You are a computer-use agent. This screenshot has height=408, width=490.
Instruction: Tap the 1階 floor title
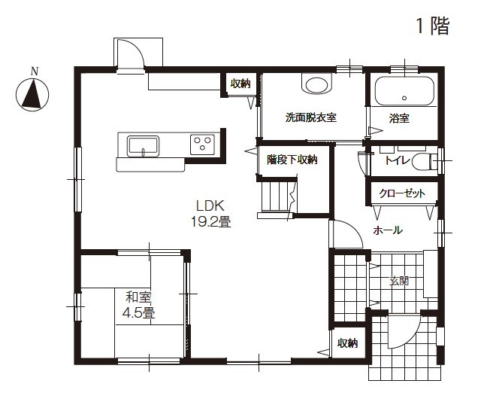pyautogui.click(x=433, y=26)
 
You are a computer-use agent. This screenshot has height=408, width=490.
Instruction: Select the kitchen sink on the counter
pyautogui.click(x=142, y=145)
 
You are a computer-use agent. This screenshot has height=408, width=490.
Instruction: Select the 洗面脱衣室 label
pyautogui.click(x=310, y=118)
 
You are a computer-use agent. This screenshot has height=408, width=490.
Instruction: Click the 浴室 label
pyautogui.click(x=399, y=118)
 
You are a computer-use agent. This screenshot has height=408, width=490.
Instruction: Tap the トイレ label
pyautogui.click(x=396, y=160)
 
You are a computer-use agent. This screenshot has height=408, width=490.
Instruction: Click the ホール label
pyautogui.click(x=388, y=230)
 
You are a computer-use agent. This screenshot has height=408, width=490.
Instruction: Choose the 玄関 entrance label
pyautogui.click(x=398, y=281)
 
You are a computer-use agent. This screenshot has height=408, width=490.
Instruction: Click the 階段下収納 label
pyautogui.click(x=292, y=160)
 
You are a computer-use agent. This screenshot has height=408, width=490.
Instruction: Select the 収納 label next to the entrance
pyautogui.click(x=347, y=343)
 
